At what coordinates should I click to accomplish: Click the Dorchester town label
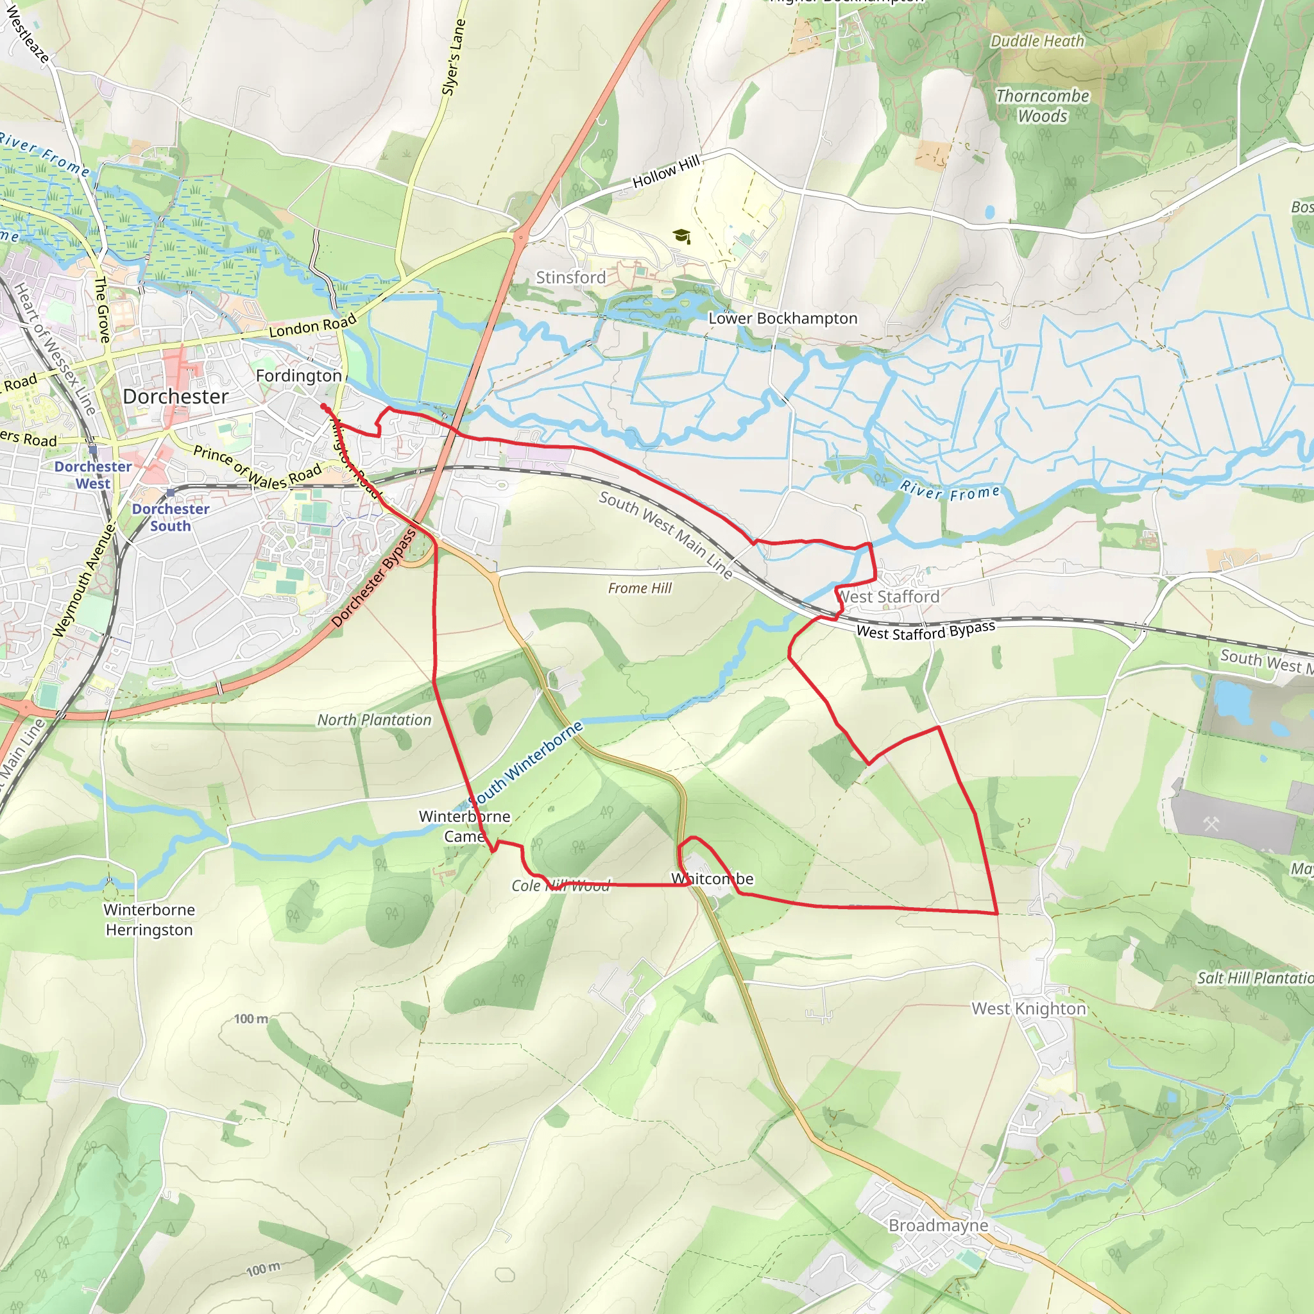pos(175,397)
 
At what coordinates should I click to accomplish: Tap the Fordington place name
pos(298,375)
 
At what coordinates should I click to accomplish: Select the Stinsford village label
pos(570,277)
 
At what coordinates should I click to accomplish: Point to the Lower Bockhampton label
pos(783,318)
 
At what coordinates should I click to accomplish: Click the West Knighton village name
pos(1028,1009)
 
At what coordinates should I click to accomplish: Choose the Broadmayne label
pos(938,1225)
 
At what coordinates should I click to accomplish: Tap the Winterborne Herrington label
pos(149,919)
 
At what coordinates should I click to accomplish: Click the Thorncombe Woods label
pos(1042,106)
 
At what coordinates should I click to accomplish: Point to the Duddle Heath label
pos(1037,42)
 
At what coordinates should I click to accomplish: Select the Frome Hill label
pos(639,588)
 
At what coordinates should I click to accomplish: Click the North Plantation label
pos(374,720)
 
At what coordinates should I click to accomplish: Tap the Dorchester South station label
pos(170,518)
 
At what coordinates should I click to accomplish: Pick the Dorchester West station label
pos(93,475)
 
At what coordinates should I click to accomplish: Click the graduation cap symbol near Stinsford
pos(681,236)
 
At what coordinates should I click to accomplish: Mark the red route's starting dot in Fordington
pos(324,407)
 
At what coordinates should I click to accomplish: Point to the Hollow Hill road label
pos(666,172)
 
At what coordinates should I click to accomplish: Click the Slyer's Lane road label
pos(454,57)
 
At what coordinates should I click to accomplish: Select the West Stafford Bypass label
pos(925,631)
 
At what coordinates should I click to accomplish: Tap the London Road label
pos(312,326)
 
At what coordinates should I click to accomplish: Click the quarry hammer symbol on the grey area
pos(1211,824)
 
